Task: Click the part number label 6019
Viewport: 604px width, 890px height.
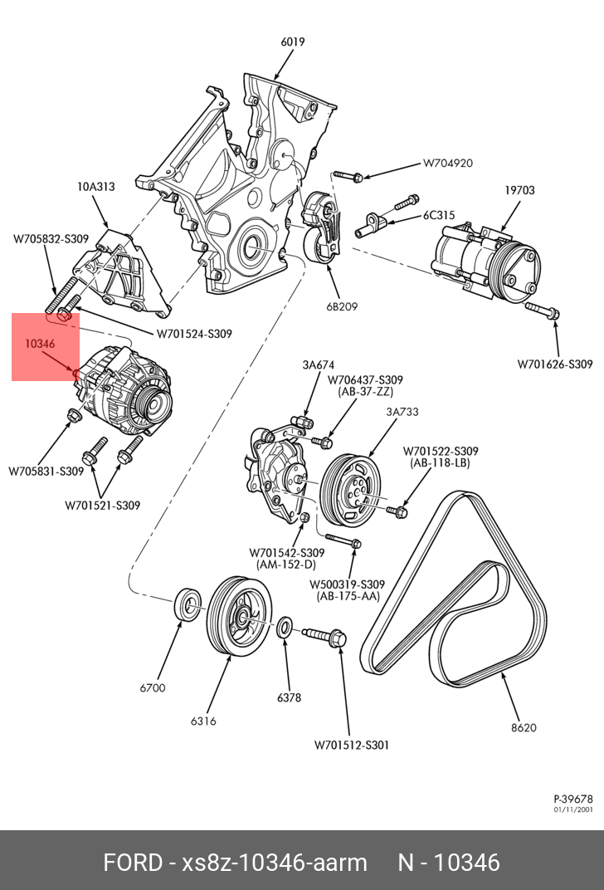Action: coord(293,42)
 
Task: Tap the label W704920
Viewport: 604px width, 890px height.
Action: coord(448,163)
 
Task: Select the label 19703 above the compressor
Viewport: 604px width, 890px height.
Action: coord(519,190)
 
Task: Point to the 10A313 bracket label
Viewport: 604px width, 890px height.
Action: coord(96,186)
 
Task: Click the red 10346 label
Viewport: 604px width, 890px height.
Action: coord(40,344)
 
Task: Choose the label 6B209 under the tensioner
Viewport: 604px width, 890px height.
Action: coord(342,306)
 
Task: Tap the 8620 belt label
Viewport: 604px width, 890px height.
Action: coord(524,727)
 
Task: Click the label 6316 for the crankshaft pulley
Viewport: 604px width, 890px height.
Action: coord(203,721)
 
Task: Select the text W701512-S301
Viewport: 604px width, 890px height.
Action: coord(352,745)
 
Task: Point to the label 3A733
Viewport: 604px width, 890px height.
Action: coord(402,412)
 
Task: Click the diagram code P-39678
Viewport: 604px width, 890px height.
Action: coord(573,799)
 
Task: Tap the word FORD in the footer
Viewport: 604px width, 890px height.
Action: coord(133,863)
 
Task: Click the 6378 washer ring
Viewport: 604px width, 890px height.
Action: coord(285,627)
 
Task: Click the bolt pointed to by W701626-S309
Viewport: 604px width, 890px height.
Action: coord(543,310)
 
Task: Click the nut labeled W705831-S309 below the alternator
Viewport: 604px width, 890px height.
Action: coord(74,415)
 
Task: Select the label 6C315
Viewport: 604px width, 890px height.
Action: coord(439,216)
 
